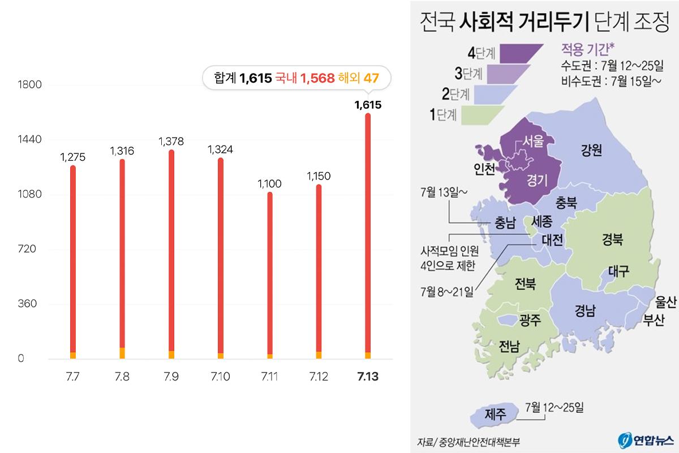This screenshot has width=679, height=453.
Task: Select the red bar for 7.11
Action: [x=270, y=272]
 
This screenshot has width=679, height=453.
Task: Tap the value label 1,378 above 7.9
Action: [x=171, y=140]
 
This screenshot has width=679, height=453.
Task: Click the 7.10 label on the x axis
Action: [x=220, y=377]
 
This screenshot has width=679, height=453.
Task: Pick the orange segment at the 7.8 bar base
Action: [x=122, y=353]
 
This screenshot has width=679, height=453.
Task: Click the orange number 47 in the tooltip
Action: [x=371, y=78]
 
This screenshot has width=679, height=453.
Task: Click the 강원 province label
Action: [x=591, y=149]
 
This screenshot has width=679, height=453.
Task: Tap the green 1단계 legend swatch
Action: [x=481, y=114]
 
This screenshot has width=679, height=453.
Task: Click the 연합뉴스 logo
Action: [x=646, y=440]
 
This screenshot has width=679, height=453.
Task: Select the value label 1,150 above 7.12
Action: [x=319, y=176]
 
